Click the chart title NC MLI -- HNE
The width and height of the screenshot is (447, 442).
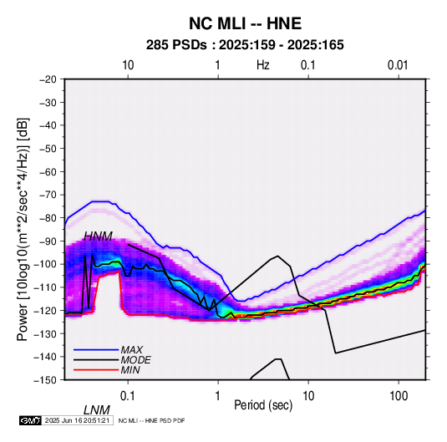point(245,23)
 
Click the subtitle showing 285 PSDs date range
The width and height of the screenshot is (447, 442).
point(245,45)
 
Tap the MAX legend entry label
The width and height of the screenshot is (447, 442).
point(132,349)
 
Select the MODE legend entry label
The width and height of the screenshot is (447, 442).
point(135,360)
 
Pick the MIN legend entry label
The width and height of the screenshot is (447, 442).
point(130,370)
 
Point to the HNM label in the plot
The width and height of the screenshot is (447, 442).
point(98,236)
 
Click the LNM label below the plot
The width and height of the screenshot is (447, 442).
point(97,410)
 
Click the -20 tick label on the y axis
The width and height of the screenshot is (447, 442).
point(48,79)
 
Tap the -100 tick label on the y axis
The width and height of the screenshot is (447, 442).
point(45,264)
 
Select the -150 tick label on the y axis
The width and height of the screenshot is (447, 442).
point(45,380)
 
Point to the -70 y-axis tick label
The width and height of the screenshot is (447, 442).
point(48,195)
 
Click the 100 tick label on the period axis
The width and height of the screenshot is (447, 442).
point(399,396)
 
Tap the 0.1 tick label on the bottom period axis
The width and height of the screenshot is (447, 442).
point(128,396)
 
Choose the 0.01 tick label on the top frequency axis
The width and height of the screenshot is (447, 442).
point(398,65)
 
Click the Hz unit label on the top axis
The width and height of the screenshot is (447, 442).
point(263,65)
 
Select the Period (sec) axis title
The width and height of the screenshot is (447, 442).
point(263,405)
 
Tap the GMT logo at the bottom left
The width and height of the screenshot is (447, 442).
point(31,420)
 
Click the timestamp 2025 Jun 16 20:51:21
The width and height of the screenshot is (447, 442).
point(77,420)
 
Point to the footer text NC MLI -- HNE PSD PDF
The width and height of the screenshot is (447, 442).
point(151,420)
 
